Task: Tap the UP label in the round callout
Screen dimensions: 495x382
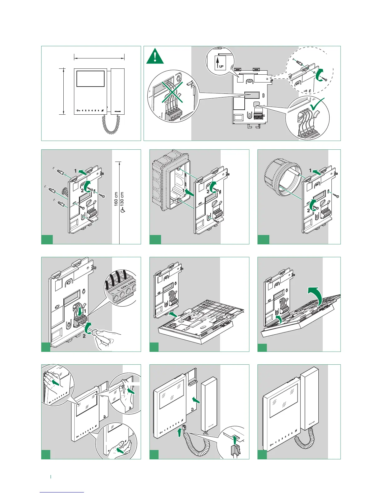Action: click(x=221, y=66)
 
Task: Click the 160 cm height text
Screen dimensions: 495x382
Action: click(x=116, y=199)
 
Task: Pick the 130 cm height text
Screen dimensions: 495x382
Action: click(x=122, y=199)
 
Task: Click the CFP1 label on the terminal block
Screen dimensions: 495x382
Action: click(x=122, y=286)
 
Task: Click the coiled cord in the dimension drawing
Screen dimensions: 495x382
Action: click(x=110, y=124)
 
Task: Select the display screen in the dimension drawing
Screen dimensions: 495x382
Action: click(x=90, y=79)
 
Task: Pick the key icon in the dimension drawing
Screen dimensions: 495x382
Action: click(x=78, y=111)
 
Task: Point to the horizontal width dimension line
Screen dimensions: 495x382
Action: click(x=99, y=57)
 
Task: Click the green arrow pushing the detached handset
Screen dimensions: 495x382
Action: click(x=196, y=399)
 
